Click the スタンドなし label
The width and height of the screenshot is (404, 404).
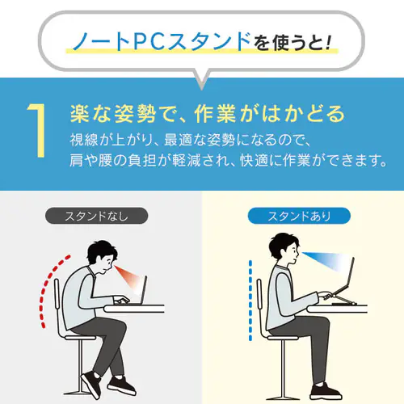point(97,216)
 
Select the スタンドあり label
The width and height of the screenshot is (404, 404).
point(298,216)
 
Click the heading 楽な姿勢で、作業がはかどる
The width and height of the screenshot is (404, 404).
point(197,111)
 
